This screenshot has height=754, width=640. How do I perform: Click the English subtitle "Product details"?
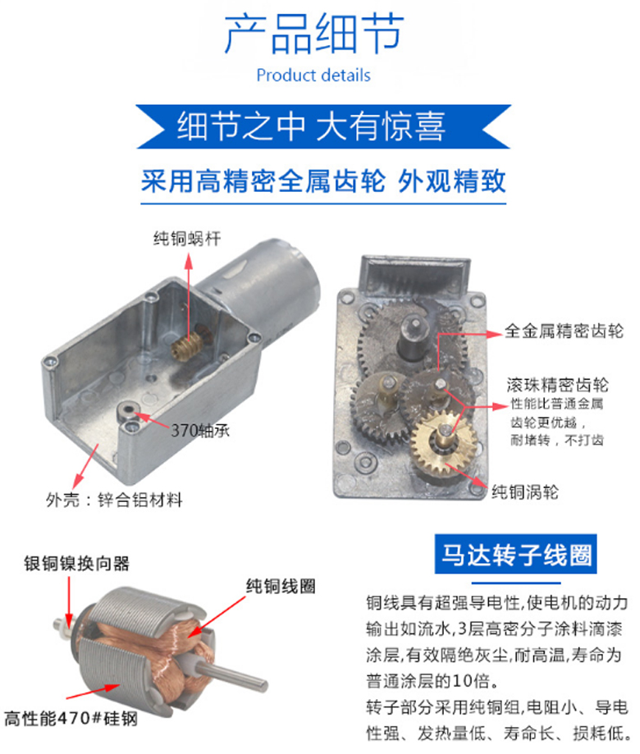tap(313, 75)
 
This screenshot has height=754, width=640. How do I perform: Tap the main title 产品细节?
tap(313, 34)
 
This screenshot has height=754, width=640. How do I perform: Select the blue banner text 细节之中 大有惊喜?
tap(311, 126)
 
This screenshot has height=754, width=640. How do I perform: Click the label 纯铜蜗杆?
tap(188, 238)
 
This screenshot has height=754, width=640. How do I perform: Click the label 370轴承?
tap(200, 431)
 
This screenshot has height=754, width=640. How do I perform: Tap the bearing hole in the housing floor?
tap(128, 411)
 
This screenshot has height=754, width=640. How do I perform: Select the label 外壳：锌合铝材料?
tap(114, 500)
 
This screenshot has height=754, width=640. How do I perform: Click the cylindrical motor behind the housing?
tap(269, 284)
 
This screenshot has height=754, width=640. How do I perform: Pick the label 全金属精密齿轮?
tap(564, 331)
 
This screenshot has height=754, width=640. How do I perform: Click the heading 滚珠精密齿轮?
tap(557, 385)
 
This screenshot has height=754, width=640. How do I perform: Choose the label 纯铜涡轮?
tap(524, 492)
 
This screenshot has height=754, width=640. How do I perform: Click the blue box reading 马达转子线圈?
tap(515, 554)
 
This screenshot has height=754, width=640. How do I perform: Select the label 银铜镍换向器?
tap(77, 563)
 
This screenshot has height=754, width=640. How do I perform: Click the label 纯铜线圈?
tap(281, 586)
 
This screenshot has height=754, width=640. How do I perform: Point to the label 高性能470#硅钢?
tap(71, 719)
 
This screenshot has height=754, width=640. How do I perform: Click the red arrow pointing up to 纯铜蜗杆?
tap(189, 299)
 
